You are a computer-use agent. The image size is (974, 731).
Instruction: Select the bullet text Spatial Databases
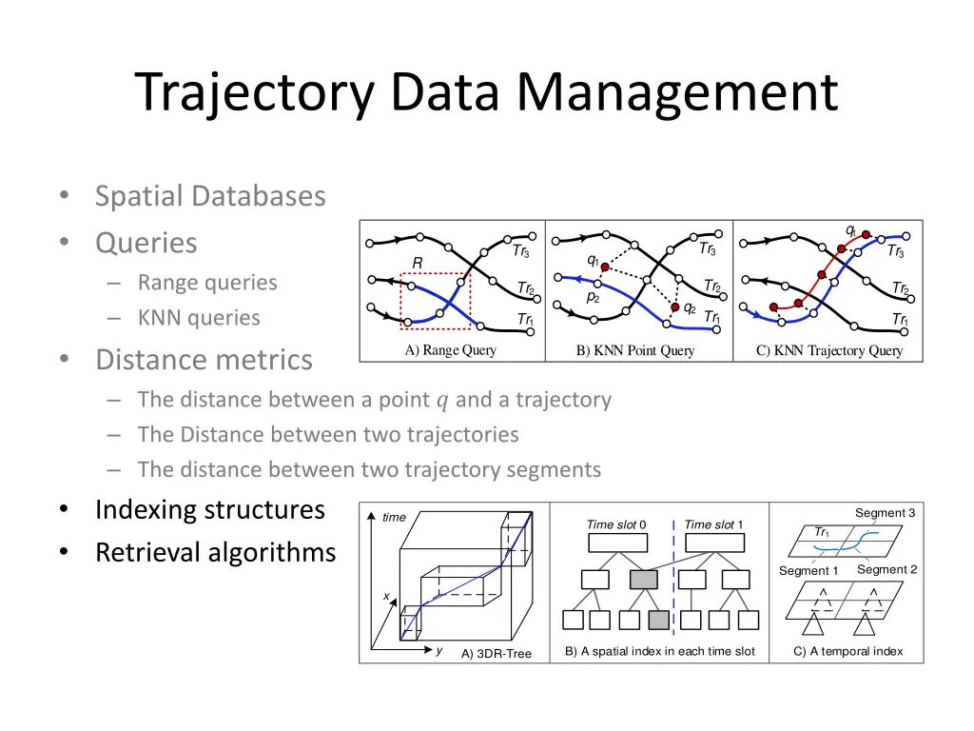coord(209,196)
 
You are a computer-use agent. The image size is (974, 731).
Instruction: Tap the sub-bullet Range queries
coord(206,283)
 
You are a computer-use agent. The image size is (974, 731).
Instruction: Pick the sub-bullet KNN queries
coord(198,318)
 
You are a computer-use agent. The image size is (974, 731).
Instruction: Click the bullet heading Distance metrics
coord(203,360)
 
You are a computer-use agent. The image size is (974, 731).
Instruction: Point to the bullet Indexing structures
coord(209,509)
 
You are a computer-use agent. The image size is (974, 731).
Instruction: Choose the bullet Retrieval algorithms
coord(215,552)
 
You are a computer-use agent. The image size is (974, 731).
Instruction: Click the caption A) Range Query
coord(450,349)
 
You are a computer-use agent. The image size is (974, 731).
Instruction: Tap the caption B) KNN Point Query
coord(635,350)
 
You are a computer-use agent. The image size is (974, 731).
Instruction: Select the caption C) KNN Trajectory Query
coord(828,350)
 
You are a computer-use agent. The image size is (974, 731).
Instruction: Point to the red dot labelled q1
coord(604,268)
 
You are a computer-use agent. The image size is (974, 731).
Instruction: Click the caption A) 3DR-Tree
coord(497,654)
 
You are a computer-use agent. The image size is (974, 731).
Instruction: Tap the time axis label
coord(394,518)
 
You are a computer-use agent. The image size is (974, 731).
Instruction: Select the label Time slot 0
coord(616,524)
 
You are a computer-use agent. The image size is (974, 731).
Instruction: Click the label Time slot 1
coord(713,524)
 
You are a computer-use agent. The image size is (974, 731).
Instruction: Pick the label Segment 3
coord(885,513)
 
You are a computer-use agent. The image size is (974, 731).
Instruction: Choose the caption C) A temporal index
coord(847,652)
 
